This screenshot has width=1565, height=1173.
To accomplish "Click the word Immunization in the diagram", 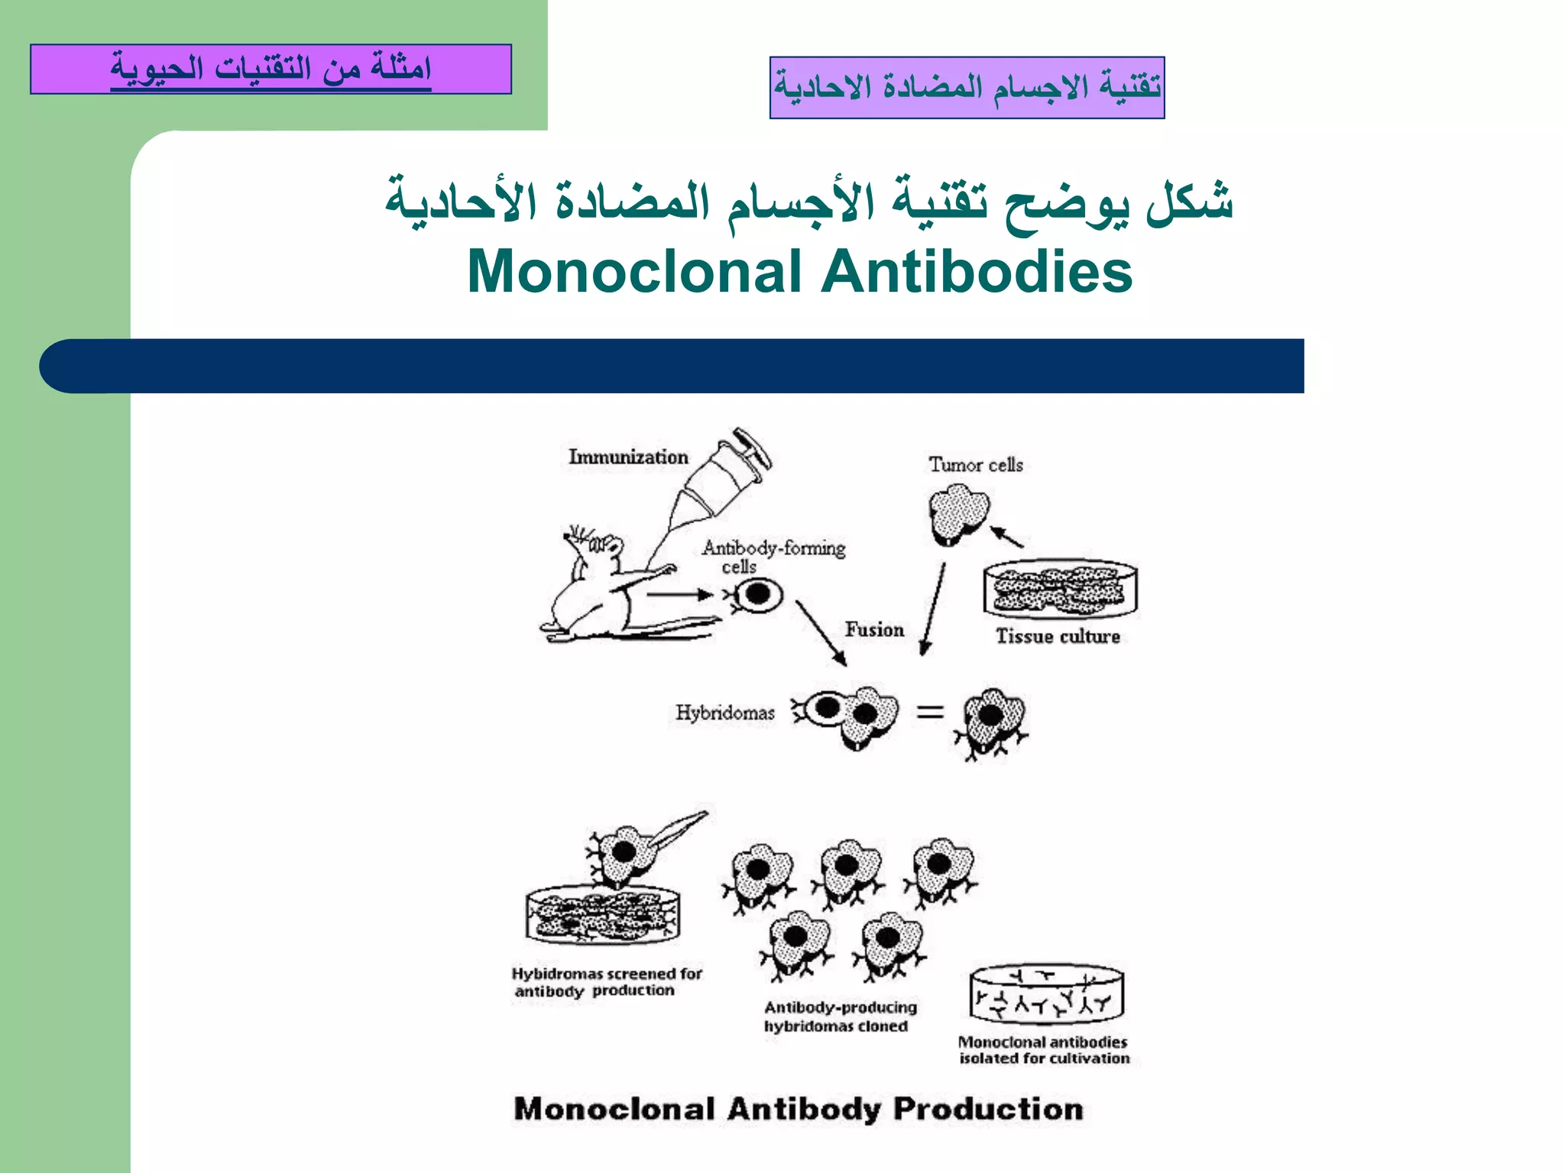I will pos(628,457).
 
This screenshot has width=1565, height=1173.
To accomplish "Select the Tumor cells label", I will pos(976,464).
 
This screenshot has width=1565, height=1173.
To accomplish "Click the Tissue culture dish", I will pos(1060,589).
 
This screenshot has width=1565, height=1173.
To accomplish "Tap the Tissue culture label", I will pos(1058,636).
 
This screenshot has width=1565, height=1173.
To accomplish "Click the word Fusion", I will pos(874,629).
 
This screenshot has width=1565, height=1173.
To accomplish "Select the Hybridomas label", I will pos(724,713).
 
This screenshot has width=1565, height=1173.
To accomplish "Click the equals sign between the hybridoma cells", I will pos(930,713).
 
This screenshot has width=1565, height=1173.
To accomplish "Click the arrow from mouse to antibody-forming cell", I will pos(679,594).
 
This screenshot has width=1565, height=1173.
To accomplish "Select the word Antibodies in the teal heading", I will pos(977,272).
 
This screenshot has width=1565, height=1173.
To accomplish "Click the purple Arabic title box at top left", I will pos(271,69).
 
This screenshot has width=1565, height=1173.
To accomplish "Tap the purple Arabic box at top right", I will pos(967,87).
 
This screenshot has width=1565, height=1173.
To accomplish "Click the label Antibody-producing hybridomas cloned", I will pos(839,1016).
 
